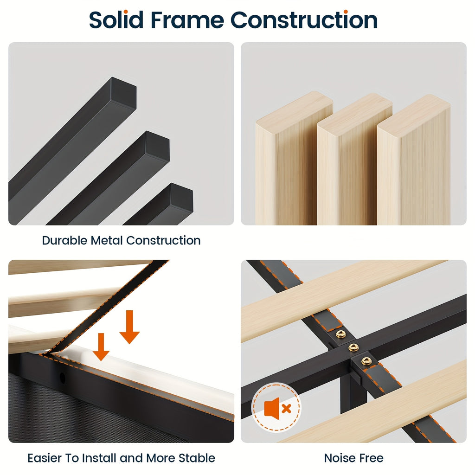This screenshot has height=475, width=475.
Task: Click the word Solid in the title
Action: click(x=116, y=20)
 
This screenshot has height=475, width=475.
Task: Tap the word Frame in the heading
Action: click(x=187, y=20)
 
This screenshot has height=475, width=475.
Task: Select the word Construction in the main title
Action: click(x=304, y=20)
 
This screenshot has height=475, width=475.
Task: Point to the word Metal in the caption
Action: click(x=107, y=241)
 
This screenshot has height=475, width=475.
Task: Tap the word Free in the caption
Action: click(x=370, y=458)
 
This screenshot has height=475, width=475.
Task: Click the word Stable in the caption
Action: click(x=197, y=458)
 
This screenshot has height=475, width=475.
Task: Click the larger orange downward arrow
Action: click(x=129, y=327)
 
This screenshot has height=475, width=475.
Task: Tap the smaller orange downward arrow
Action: click(x=101, y=347)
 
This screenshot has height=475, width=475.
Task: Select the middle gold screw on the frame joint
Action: click(x=353, y=347)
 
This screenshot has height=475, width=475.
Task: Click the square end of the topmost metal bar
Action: click(x=123, y=93)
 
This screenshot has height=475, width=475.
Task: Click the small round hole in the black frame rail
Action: click(x=63, y=378)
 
